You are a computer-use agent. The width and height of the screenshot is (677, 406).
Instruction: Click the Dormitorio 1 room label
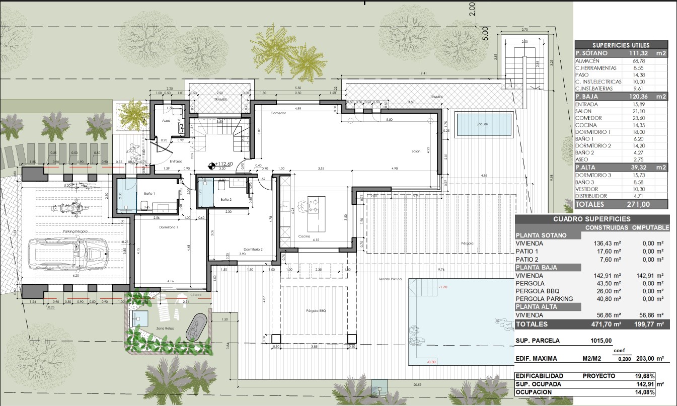[159, 227]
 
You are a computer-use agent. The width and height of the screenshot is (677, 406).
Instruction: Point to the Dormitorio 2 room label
[253, 250]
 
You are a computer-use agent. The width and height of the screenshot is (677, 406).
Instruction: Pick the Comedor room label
[278, 113]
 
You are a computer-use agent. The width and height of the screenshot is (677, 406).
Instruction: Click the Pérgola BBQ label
[316, 311]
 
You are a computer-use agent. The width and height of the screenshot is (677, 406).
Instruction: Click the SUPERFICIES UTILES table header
[621, 45]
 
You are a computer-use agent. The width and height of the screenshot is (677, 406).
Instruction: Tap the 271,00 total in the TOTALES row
[638, 204]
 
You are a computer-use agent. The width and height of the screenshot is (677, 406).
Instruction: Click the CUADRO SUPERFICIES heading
[592, 219]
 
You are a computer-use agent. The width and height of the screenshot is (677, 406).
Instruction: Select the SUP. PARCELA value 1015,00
[601, 341]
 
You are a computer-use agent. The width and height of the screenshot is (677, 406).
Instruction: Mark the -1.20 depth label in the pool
[443, 287]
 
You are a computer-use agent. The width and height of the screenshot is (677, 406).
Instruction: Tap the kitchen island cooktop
[312, 204]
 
